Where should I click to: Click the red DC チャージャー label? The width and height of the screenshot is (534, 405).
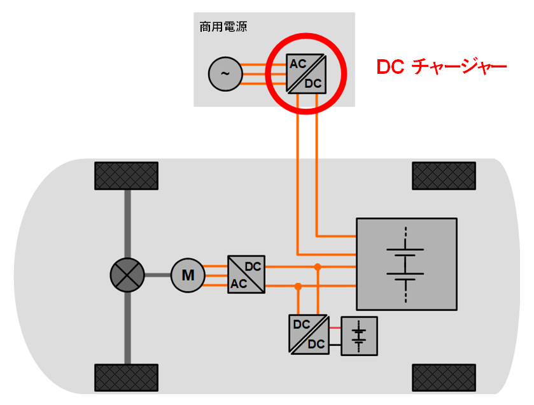(441, 67)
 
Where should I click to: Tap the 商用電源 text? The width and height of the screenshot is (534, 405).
(223, 27)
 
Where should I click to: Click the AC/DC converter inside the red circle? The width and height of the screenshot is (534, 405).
(306, 73)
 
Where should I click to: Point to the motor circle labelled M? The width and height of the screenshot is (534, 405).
(188, 275)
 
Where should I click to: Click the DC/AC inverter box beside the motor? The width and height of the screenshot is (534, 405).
(246, 274)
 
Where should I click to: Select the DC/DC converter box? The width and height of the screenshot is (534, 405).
(309, 334)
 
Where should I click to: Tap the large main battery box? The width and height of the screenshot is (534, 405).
(406, 264)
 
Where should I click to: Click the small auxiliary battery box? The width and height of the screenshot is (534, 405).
(360, 336)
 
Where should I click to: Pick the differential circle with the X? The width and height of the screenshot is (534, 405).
(128, 275)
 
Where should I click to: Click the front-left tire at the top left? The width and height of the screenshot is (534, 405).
(126, 176)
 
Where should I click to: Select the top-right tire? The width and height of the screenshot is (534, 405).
(444, 176)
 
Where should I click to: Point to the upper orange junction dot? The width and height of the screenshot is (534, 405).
(318, 266)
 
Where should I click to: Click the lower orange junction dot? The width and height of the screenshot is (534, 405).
(298, 287)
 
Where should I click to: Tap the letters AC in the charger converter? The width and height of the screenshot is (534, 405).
(298, 64)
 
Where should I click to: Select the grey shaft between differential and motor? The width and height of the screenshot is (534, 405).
(158, 275)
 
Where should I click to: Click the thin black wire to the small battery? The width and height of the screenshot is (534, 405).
(335, 345)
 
